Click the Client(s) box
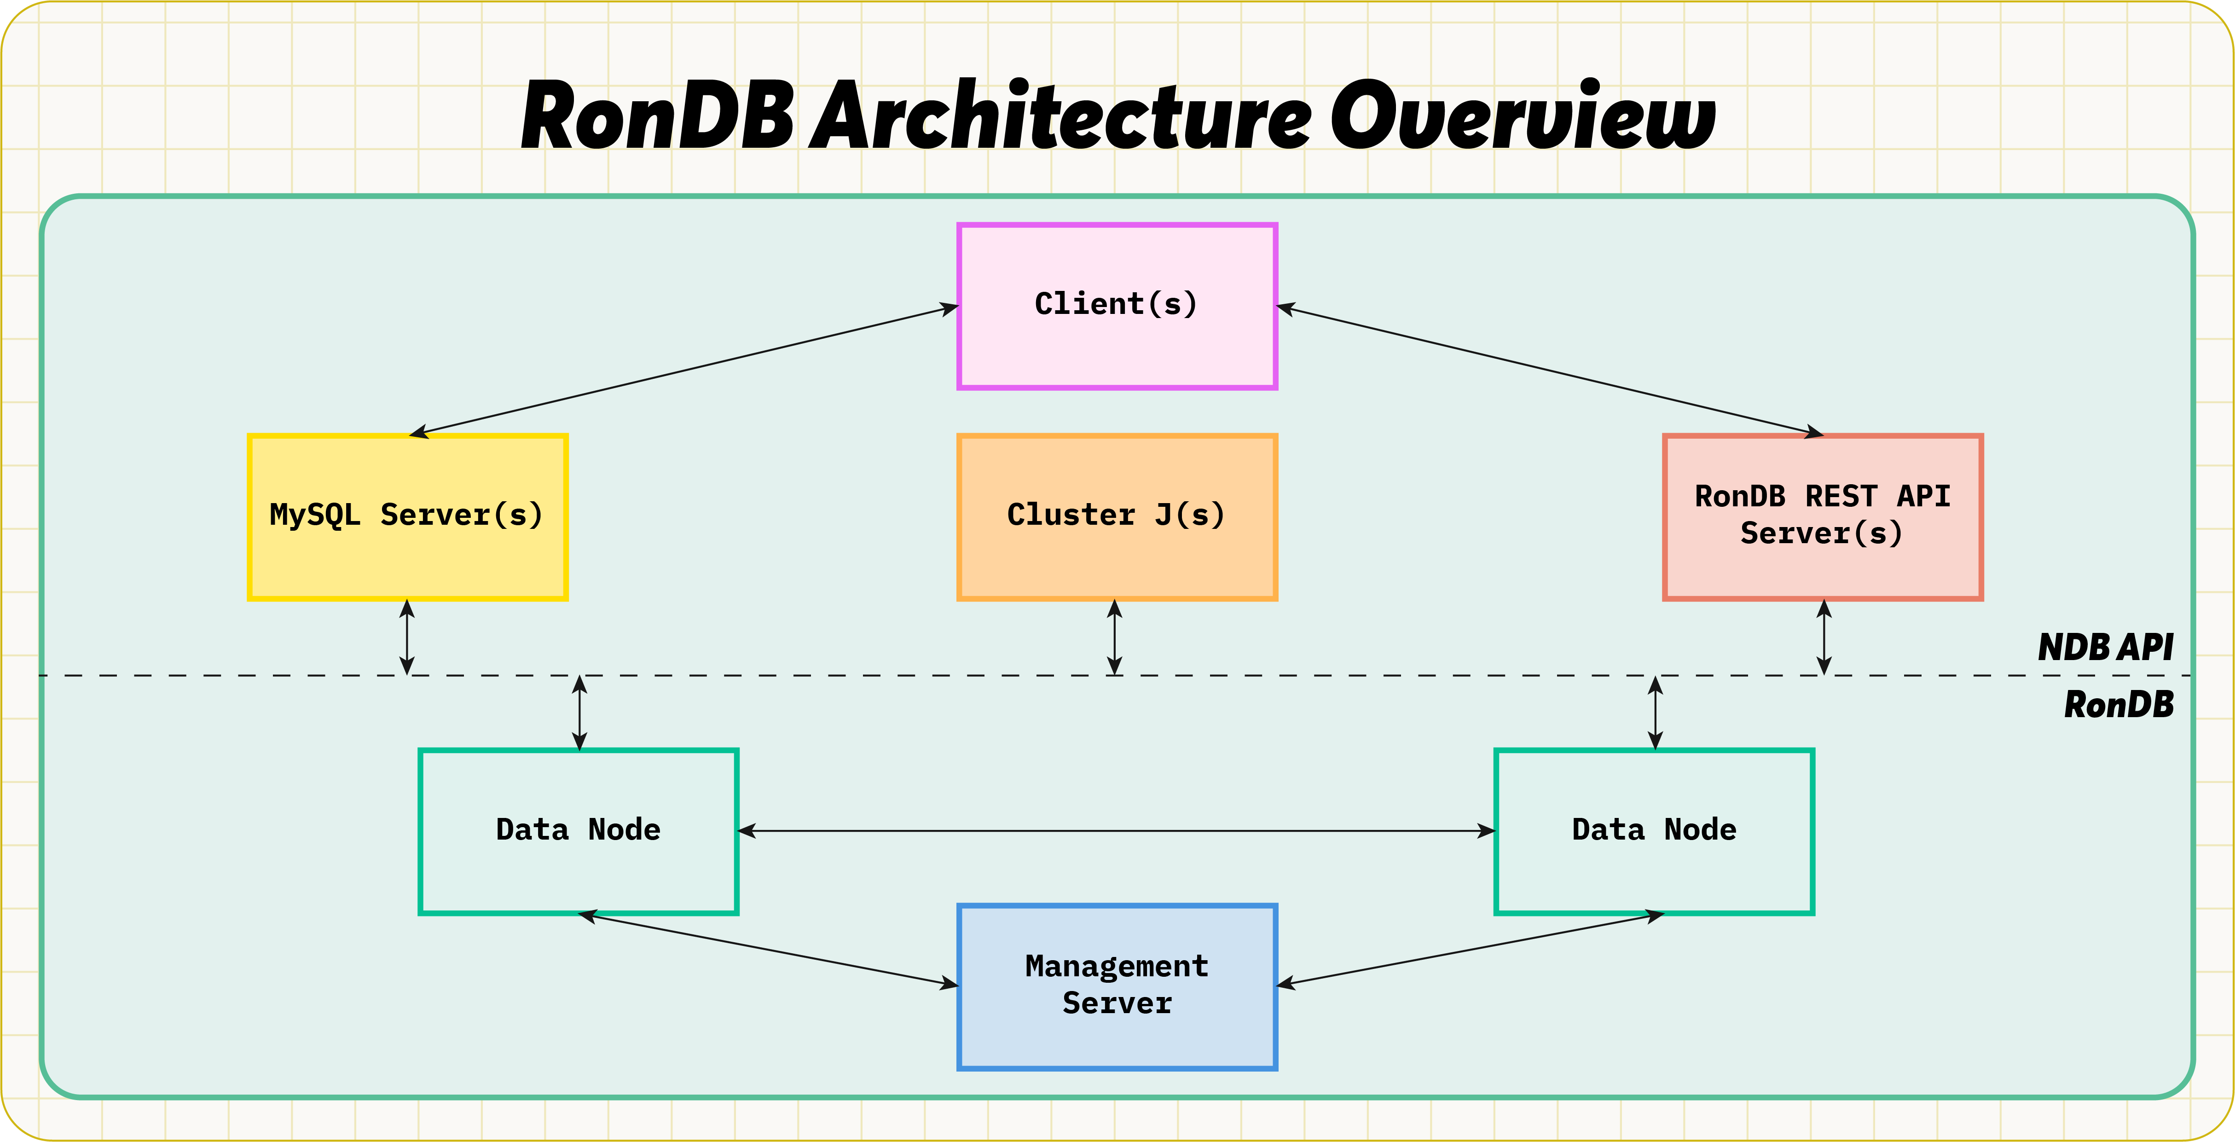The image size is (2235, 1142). coord(1117,306)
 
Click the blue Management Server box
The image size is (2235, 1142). coord(1117,987)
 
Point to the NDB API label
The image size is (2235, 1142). coord(2106,647)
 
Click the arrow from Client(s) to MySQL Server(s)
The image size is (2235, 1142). coord(683,371)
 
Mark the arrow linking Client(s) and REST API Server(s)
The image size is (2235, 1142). coord(1551,371)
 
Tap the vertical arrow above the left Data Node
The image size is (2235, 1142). coord(579,713)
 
